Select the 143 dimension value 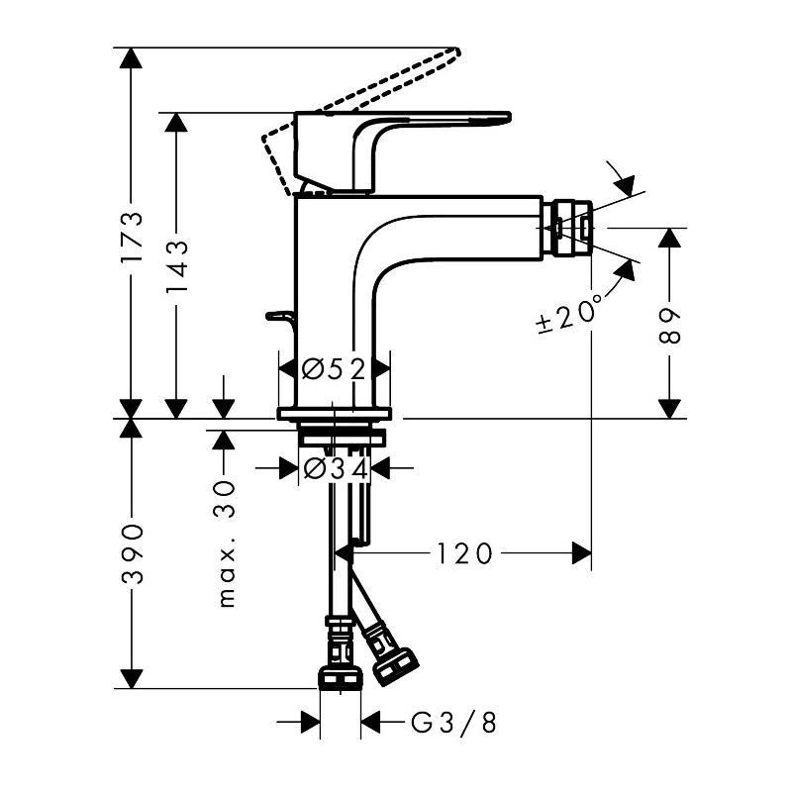tap(177, 265)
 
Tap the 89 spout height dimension tap(671, 324)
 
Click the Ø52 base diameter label tap(335, 369)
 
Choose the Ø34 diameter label tap(337, 467)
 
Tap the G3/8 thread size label tap(454, 724)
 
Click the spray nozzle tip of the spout tap(574, 229)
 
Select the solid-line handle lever tap(436, 119)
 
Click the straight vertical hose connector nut tap(339, 676)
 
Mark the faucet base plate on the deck tap(335, 413)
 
